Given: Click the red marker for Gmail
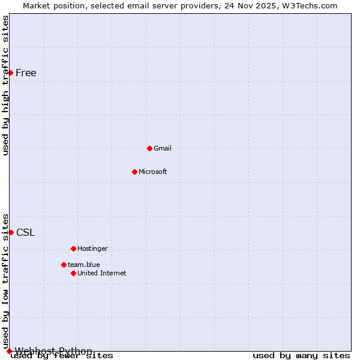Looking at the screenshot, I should tap(149, 148).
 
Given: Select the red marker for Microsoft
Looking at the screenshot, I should tap(134, 172).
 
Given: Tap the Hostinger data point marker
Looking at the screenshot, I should tap(73, 248).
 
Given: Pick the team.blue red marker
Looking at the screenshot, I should tap(64, 265).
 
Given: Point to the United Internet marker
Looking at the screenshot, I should tap(73, 273).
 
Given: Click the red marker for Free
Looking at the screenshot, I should tap(10, 73).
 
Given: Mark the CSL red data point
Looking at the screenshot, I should tap(11, 232).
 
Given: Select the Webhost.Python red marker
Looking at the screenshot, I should tap(9, 351).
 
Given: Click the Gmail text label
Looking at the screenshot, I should tap(163, 148).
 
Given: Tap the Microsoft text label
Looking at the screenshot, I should tap(153, 172).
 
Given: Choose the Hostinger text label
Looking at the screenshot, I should tap(92, 248).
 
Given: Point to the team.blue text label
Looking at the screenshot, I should tap(84, 265).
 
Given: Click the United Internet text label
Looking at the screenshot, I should tap(102, 273).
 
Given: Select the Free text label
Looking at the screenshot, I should tap(26, 73).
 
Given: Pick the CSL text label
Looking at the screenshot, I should tap(26, 233).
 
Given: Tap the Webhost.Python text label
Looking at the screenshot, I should tap(53, 351).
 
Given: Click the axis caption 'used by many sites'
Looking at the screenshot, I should tap(301, 356).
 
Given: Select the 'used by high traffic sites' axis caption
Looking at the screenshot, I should tap(5, 85).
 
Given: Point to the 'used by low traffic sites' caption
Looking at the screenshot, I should tap(5, 281).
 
